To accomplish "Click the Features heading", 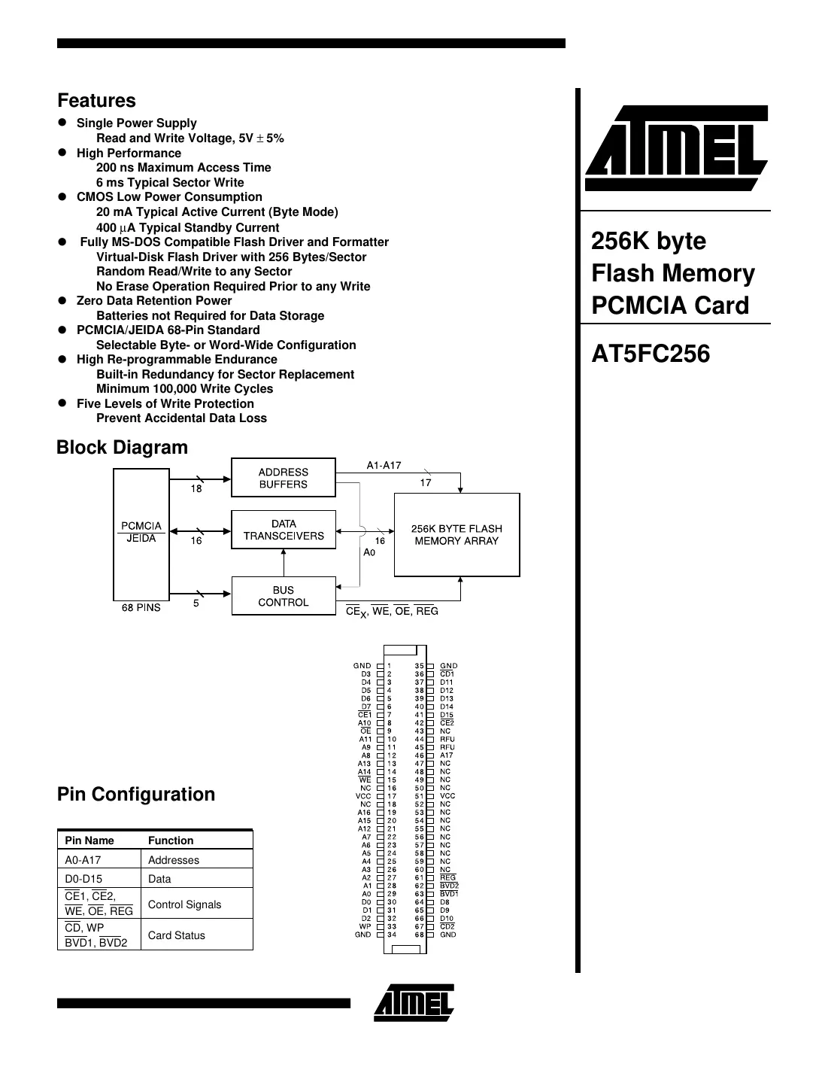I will point(96,101).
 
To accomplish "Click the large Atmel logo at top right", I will point(675,148).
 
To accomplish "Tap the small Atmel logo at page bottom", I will point(414,1002).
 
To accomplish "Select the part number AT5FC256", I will point(651,354).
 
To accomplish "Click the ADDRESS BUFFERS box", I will point(284,478).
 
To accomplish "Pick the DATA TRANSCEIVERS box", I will point(284,530).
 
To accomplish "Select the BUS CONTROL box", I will point(284,596).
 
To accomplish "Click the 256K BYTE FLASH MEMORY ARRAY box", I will point(456,535).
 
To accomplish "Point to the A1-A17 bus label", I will point(384,465).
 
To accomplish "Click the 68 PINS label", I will point(141,608).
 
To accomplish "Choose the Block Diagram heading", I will point(122,448).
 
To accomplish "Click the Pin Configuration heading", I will point(136,795).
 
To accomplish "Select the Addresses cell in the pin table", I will point(174,860).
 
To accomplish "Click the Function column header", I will point(171,840).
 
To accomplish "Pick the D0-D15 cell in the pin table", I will point(83,879).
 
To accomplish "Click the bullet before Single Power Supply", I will point(64,123).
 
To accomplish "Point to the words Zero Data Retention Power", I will point(154,301).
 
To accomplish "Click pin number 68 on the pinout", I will point(420,935).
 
